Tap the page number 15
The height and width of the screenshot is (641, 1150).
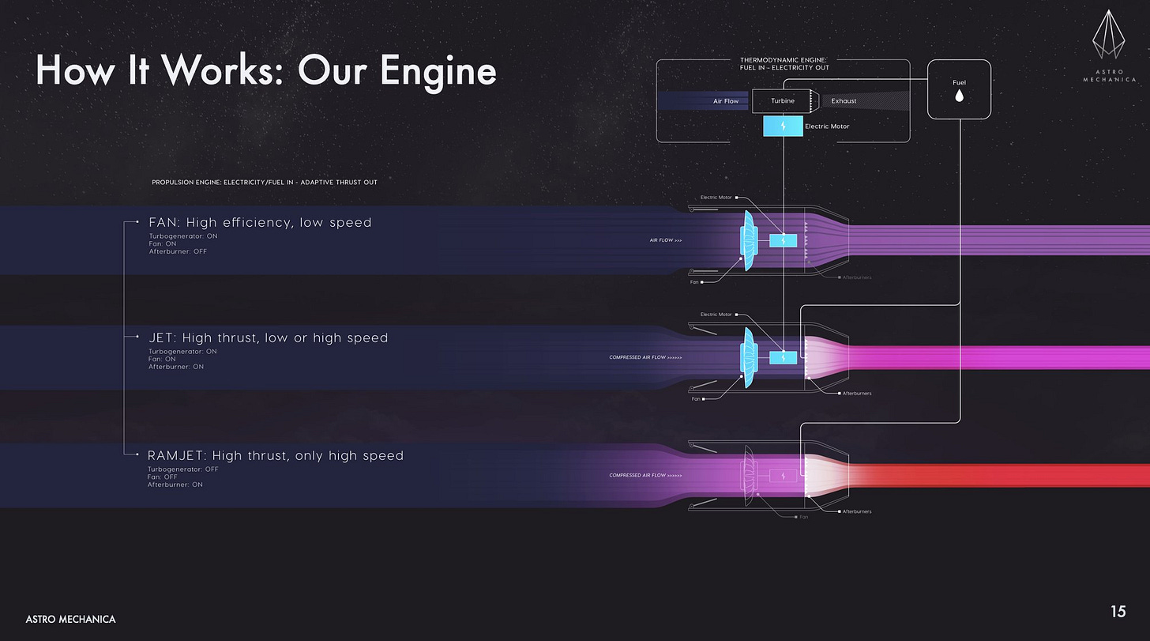coord(1118,611)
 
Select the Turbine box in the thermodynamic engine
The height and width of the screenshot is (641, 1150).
coord(783,101)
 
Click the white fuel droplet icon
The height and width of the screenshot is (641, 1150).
coord(959,96)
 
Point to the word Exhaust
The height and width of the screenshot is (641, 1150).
coord(844,101)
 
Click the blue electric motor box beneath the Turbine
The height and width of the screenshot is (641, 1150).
coord(783,126)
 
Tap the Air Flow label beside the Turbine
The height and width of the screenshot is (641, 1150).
coord(726,101)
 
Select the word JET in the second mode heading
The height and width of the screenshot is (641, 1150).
coord(163,338)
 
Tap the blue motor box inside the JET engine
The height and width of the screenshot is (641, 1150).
coord(783,357)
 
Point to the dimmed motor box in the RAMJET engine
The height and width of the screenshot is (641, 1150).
coord(783,476)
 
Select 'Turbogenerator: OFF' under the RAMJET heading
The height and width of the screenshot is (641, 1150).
coord(183,469)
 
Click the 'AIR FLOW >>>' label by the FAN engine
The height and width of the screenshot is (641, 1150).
coord(667,240)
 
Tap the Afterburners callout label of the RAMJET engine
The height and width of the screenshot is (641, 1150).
coord(856,511)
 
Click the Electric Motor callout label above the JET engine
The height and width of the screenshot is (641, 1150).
coord(716,315)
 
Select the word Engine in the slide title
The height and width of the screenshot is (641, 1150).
coord(438,71)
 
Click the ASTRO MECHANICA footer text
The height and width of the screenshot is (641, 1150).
coord(70,619)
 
